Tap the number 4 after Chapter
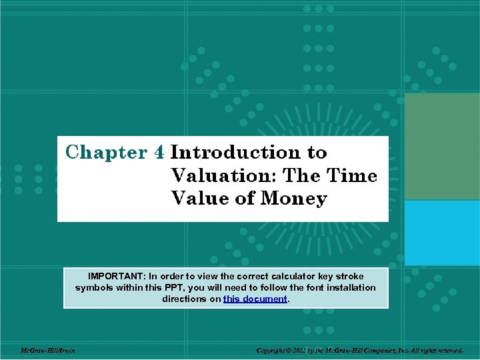click(159, 153)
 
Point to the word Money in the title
click(294, 199)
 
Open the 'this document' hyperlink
click(255, 299)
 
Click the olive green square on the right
click(442, 146)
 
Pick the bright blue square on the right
click(442, 233)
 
